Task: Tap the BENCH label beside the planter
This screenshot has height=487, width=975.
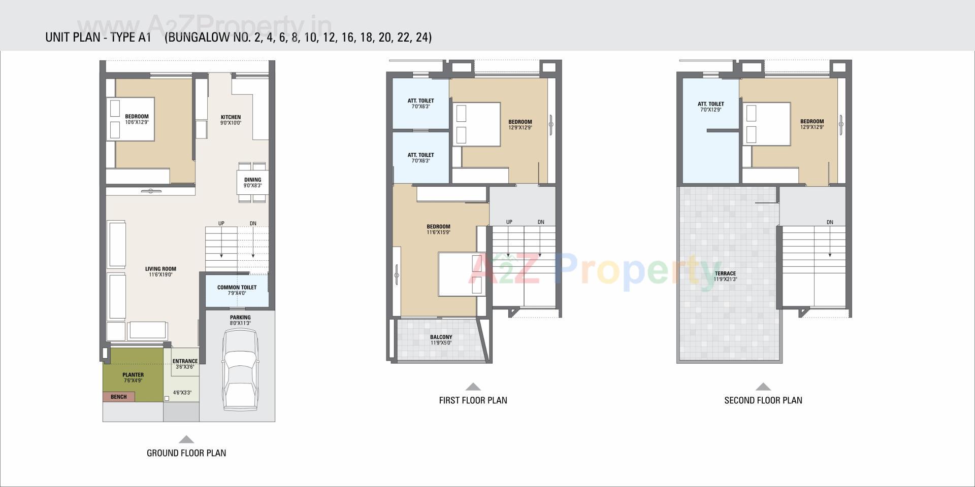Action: click(x=119, y=397)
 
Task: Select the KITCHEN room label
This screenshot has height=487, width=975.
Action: click(x=231, y=117)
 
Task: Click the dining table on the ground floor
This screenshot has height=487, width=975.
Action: click(x=252, y=182)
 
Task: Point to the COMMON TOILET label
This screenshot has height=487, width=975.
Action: click(x=237, y=288)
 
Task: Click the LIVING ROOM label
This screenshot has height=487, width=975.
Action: click(x=160, y=269)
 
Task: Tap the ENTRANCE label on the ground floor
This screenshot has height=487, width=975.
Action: click(x=185, y=361)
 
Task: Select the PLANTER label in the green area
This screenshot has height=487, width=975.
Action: click(x=133, y=375)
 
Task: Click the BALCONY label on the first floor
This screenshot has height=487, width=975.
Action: click(x=441, y=337)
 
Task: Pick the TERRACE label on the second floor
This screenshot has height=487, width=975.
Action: click(x=725, y=273)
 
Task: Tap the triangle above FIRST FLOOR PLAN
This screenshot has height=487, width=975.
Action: click(x=473, y=387)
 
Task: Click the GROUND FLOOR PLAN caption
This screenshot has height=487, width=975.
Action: click(x=186, y=453)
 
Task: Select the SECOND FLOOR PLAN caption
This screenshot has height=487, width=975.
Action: click(x=763, y=400)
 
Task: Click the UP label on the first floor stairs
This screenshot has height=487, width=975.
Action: click(x=509, y=222)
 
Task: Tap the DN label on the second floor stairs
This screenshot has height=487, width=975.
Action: click(x=829, y=222)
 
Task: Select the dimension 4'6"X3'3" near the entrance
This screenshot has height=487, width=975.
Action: click(x=182, y=393)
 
